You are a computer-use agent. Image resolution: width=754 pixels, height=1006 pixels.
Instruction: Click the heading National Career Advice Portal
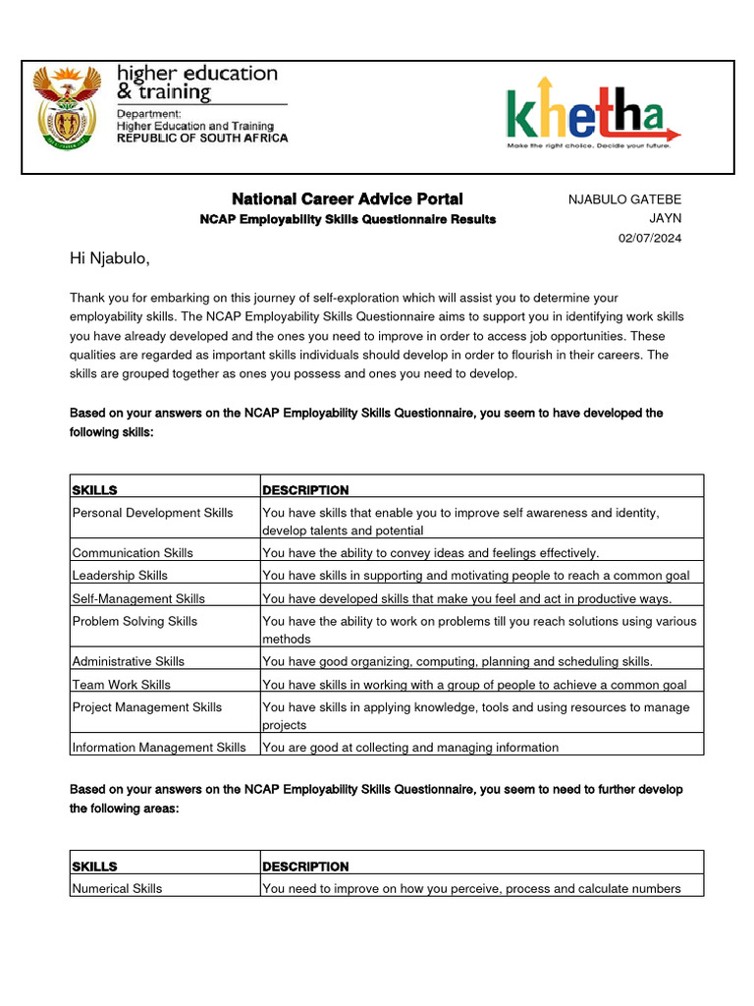coord(347,198)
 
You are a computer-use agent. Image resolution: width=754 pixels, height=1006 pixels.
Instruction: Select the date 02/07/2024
coord(649,238)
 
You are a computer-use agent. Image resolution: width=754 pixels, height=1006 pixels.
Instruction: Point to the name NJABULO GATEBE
coord(624,199)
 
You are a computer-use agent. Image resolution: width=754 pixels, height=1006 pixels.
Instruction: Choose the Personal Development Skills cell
coord(153,513)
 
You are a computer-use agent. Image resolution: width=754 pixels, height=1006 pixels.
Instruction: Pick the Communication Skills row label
coord(133,553)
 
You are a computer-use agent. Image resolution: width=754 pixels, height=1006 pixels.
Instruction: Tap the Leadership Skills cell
coord(120,576)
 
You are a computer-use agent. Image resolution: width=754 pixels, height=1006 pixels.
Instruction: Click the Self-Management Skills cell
coord(138,598)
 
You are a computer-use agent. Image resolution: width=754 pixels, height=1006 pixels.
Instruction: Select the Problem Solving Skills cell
coord(135,621)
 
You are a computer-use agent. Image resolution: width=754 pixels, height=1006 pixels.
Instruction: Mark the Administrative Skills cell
coord(128,661)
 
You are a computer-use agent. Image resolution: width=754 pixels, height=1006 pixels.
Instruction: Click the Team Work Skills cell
coord(121,685)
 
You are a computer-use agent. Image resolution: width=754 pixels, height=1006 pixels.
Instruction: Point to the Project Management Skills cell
coord(147,707)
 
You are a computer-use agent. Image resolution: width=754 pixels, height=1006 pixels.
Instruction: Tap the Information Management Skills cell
coord(159,748)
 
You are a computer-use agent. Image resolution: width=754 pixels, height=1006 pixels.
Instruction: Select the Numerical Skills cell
coord(118,888)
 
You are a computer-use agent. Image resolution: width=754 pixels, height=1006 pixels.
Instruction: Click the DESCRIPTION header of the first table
coord(305,490)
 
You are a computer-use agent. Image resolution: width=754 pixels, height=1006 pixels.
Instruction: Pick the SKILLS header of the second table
coord(94,866)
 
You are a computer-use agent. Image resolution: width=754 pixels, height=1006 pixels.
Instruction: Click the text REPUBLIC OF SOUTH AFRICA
coord(202,139)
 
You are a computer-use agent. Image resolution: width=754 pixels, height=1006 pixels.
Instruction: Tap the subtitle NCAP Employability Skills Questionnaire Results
coord(348,219)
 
